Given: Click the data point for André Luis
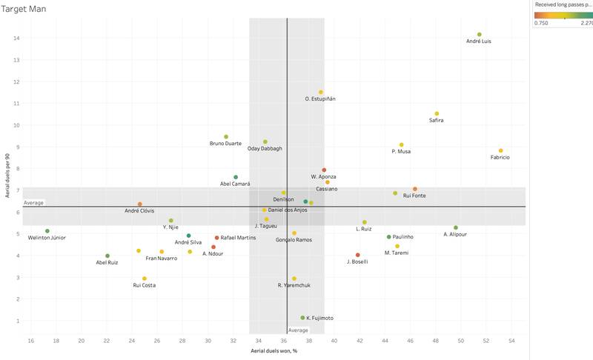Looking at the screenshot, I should (480, 34).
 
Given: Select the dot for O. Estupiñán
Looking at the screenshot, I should (321, 92).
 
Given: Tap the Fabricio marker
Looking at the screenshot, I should (500, 150).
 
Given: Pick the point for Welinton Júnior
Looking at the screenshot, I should (47, 231).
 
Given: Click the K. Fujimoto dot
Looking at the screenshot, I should (302, 318).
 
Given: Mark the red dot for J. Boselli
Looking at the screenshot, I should (358, 255).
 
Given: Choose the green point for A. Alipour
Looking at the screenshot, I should (456, 227).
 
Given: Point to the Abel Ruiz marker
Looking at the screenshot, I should (107, 256).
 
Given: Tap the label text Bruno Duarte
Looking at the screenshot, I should (225, 144).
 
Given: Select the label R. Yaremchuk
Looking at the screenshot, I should (294, 285).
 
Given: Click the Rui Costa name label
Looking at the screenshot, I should (145, 285).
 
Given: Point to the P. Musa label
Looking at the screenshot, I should (401, 152).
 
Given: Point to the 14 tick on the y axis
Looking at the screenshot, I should (16, 38).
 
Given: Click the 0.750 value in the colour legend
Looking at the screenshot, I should (542, 23).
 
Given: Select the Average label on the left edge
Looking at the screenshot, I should (33, 202).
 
